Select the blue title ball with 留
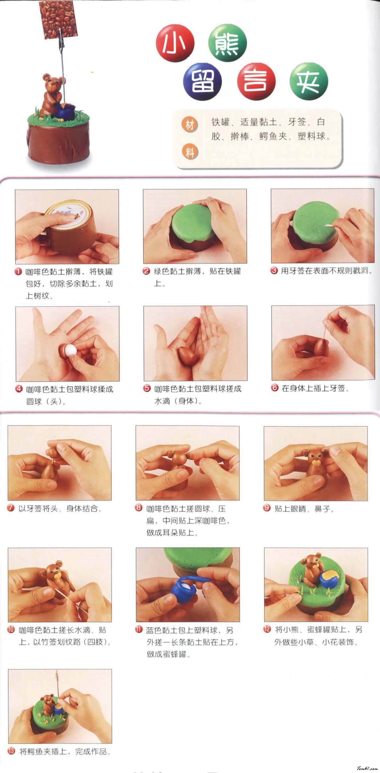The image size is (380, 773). point(202,82)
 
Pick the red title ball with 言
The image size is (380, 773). point(256,82)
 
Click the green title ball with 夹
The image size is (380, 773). point(309,82)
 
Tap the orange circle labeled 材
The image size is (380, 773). point(189,124)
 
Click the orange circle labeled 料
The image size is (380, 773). point(189,152)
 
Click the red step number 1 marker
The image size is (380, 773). point(18,272)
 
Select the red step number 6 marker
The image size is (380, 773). point(275,388)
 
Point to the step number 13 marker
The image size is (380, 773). point(11,751)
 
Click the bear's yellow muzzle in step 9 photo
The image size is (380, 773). point(315,463)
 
